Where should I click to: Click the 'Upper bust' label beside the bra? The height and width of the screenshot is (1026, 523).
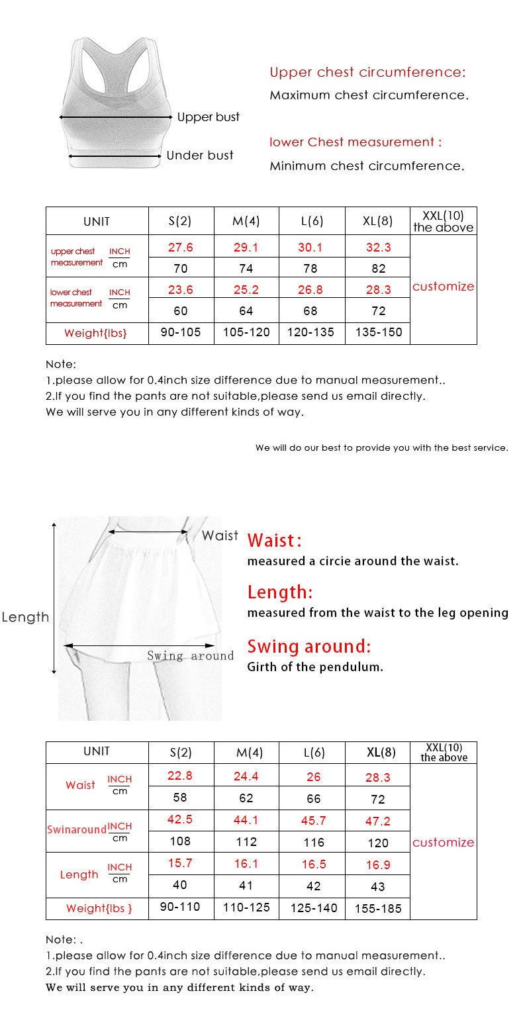[208, 117]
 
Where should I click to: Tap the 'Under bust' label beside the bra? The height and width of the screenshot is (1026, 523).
[200, 156]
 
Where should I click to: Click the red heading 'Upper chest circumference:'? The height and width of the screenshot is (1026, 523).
[367, 72]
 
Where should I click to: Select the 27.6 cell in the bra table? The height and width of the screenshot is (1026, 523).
[181, 248]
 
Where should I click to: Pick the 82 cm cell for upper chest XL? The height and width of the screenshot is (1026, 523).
[378, 269]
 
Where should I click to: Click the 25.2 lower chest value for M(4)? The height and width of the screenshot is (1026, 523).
[246, 289]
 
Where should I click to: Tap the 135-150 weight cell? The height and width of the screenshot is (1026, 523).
[378, 332]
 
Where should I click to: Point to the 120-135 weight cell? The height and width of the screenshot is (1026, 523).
[310, 332]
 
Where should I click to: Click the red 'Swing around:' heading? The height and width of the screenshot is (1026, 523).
[309, 646]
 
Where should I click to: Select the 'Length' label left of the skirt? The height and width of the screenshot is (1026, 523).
[25, 617]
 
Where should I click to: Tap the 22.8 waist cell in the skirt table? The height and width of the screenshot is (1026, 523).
[180, 776]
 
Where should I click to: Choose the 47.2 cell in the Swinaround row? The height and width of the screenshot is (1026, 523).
[378, 821]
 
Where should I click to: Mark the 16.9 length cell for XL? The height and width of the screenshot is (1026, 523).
[378, 864]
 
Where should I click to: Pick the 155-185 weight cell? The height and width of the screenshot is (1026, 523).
[378, 909]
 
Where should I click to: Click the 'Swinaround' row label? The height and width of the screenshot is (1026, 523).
[76, 829]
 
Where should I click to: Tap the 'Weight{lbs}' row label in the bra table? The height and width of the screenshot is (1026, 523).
[95, 333]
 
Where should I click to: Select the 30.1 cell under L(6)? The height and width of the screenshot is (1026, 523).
[310, 248]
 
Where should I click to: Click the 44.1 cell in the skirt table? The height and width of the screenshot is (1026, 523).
[246, 820]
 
